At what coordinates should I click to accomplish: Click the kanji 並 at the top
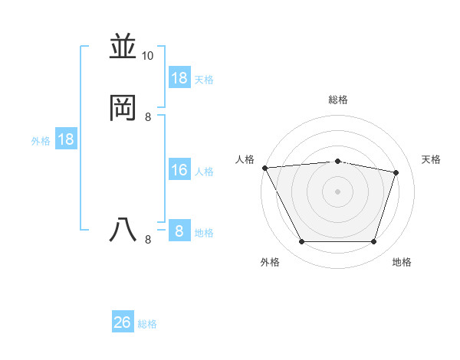[x=123, y=47]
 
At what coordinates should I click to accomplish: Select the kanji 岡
[x=123, y=108]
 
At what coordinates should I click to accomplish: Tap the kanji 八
[x=123, y=230]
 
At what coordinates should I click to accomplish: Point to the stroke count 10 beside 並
[x=148, y=56]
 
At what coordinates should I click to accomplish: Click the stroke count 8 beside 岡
[x=148, y=116]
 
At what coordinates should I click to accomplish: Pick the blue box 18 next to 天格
[x=179, y=78]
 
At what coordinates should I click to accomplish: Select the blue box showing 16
[x=179, y=170]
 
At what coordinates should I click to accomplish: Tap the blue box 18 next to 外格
[x=66, y=139]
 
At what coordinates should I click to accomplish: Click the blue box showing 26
[x=123, y=322]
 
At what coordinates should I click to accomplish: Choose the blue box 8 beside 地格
[x=179, y=231]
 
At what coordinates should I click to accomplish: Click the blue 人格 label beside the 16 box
[x=205, y=171]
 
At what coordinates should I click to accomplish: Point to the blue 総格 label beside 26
[x=147, y=324]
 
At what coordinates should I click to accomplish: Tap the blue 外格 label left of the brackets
[x=41, y=140]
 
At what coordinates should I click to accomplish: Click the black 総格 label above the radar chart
[x=338, y=100]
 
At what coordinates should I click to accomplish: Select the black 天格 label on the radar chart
[x=431, y=159]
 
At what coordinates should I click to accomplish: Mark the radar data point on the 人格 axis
[x=264, y=168]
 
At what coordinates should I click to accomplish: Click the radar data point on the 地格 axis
[x=374, y=242]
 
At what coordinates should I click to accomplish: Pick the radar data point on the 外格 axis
[x=301, y=242]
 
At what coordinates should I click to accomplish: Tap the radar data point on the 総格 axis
[x=338, y=161]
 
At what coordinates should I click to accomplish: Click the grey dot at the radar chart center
[x=338, y=191]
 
